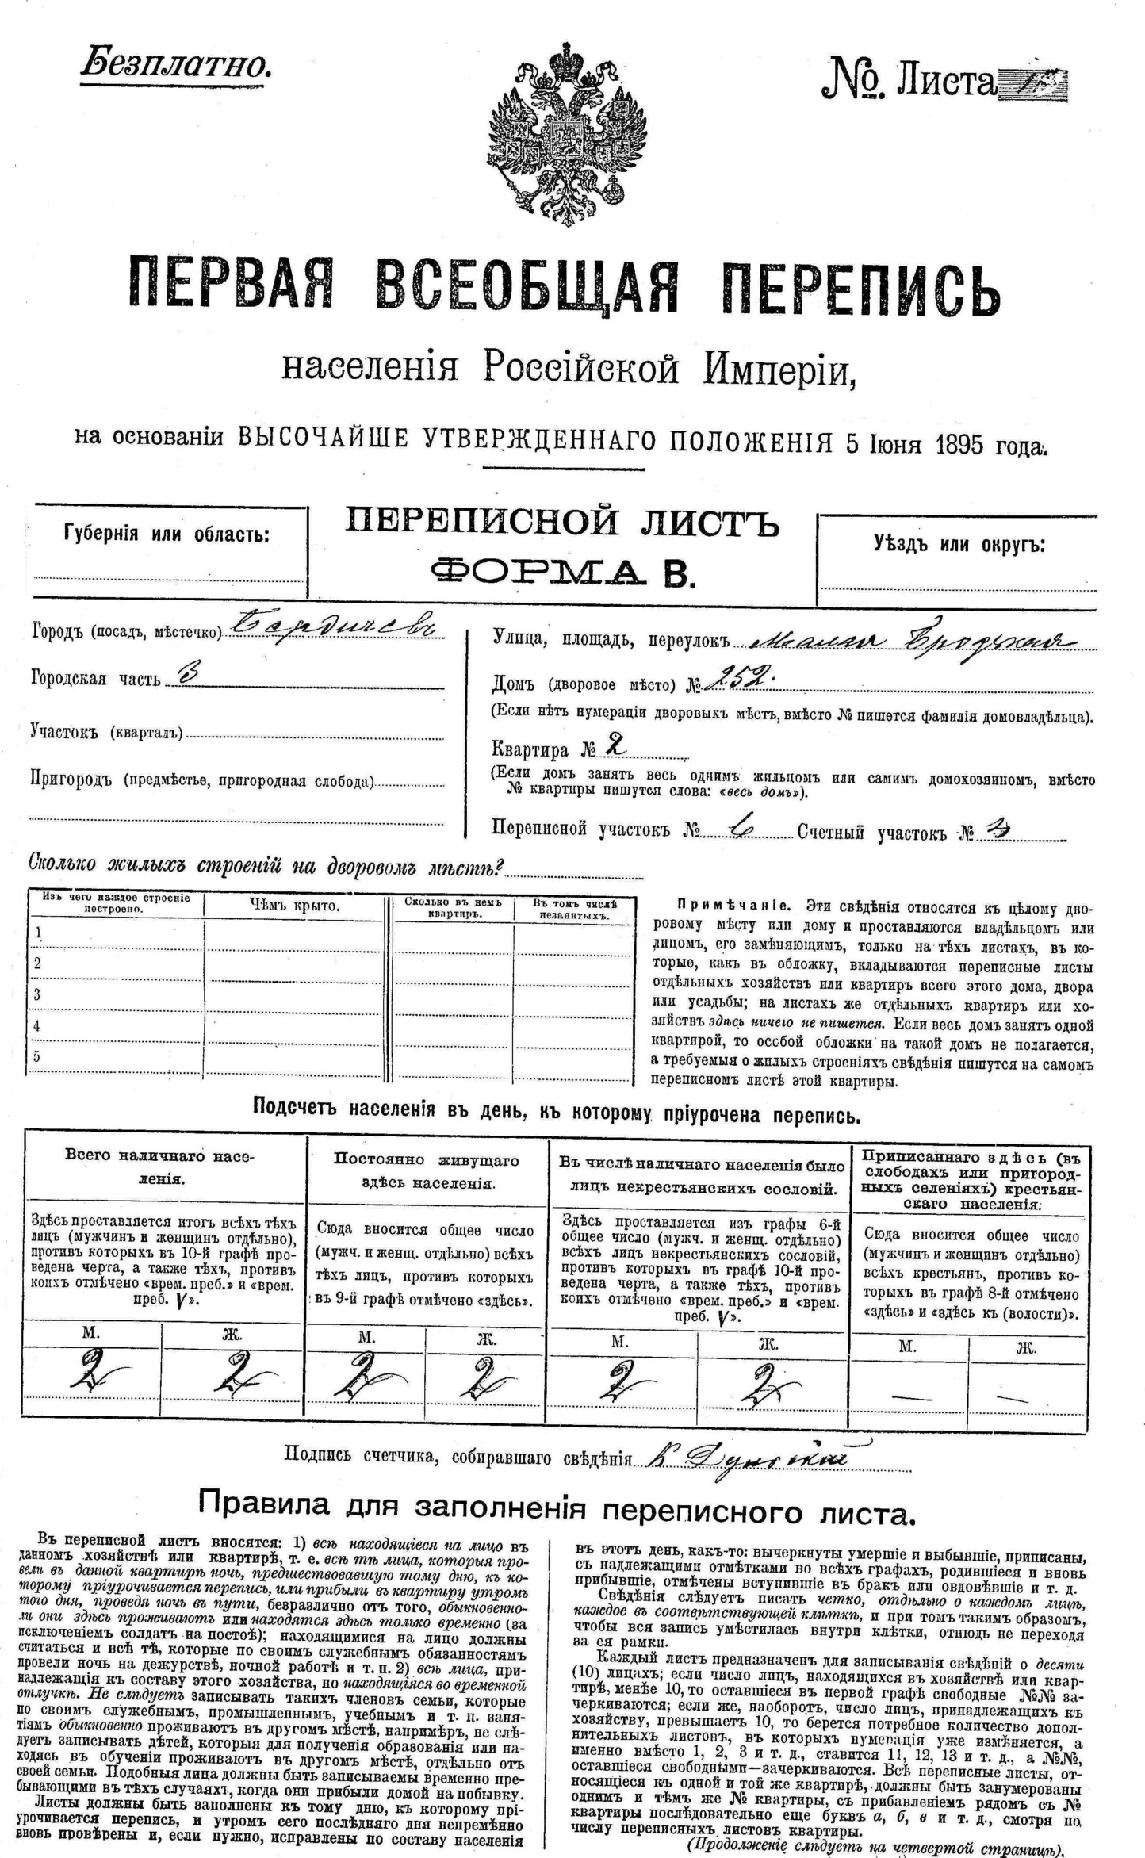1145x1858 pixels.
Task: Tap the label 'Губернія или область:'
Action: click(x=167, y=534)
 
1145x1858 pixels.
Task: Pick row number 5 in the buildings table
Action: click(x=36, y=1057)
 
